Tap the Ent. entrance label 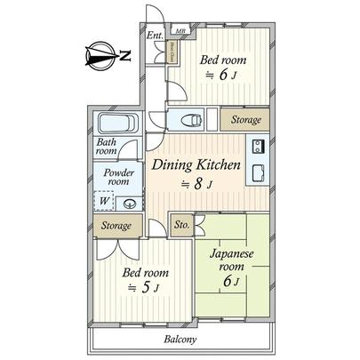pyautogui.click(x=153, y=36)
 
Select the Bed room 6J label pyautogui.click(x=221, y=67)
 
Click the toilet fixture pyautogui.click(x=190, y=120)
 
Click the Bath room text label pyautogui.click(x=107, y=147)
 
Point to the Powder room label pyautogui.click(x=118, y=177)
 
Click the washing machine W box pyautogui.click(x=105, y=202)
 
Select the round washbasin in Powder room pyautogui.click(x=130, y=203)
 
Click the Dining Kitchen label pyautogui.click(x=196, y=165)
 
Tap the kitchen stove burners pyautogui.click(x=260, y=147)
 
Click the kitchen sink pyautogui.click(x=260, y=172)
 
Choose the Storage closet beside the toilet pyautogui.click(x=246, y=119)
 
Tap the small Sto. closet pyautogui.click(x=180, y=225)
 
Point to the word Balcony pyautogui.click(x=180, y=340)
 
